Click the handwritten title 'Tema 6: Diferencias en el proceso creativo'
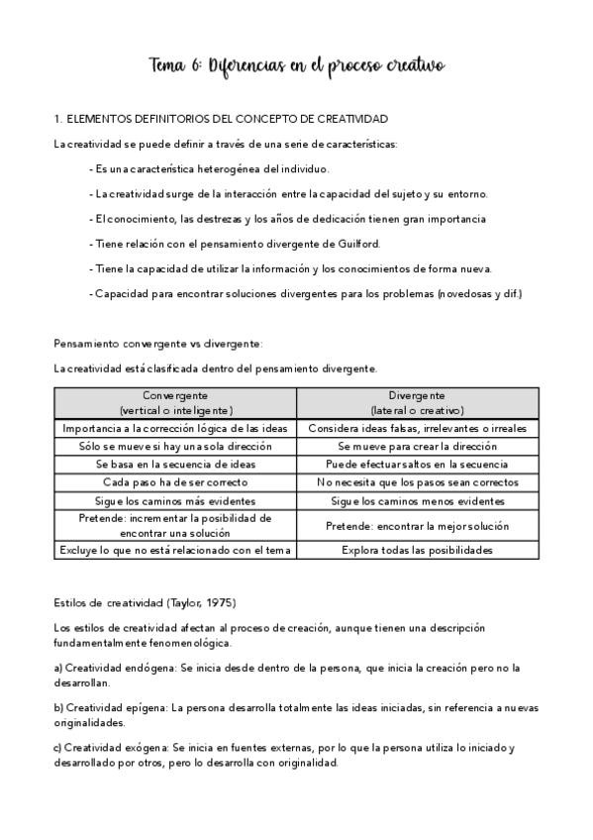[297, 65]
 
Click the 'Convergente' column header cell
[174, 401]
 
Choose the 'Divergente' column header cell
[417, 401]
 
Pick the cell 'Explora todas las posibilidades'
[417, 550]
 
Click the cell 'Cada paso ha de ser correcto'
[174, 482]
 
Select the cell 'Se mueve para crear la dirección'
[417, 447]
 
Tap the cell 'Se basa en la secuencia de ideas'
[174, 465]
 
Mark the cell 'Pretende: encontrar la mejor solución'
[417, 526]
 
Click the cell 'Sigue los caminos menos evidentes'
[417, 501]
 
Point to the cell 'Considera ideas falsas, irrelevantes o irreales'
[417, 429]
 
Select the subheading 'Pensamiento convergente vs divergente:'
[158, 343]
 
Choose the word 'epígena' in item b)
[145, 708]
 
